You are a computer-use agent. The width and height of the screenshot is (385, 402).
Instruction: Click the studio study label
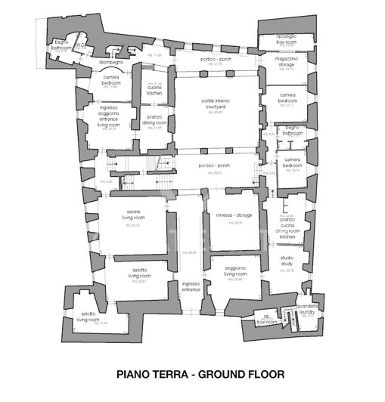tap(286, 261)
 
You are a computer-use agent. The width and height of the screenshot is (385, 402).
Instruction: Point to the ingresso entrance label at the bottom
tap(191, 286)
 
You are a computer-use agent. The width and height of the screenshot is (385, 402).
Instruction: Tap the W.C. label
tap(79, 45)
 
